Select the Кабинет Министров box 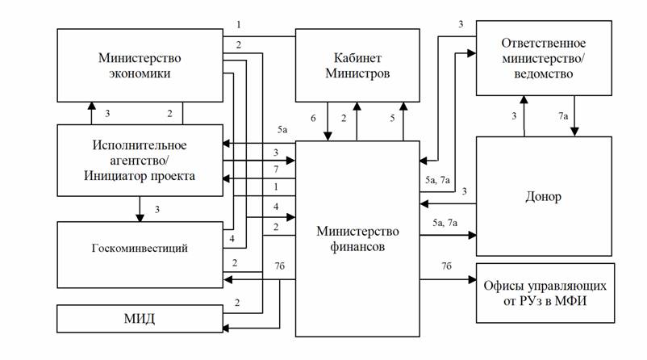point(357,65)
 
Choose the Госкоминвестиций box point(139,248)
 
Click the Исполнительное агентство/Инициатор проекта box point(139,160)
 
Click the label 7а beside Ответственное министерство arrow point(563,118)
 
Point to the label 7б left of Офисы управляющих point(446,266)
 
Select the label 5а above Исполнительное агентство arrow point(282,131)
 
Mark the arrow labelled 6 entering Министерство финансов point(328,121)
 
